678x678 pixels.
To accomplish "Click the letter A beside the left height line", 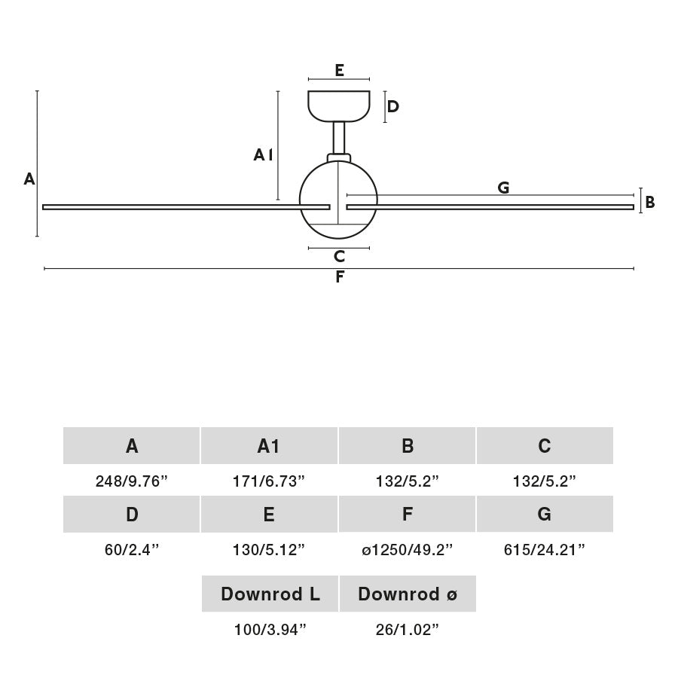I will click(x=29, y=179).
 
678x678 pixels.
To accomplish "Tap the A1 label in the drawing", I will click(x=262, y=155).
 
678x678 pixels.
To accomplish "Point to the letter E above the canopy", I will click(x=339, y=71).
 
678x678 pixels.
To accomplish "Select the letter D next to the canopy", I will click(x=392, y=107).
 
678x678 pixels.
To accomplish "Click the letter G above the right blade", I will click(x=503, y=188).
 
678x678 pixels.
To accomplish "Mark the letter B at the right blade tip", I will click(x=650, y=203).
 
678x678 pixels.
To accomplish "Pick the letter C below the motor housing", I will click(x=339, y=257).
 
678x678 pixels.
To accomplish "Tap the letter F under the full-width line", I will click(x=339, y=277).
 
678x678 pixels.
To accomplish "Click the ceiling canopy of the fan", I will click(x=339, y=105).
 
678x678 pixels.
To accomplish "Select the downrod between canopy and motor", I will click(x=339, y=138).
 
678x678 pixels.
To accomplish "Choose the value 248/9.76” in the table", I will click(x=132, y=481).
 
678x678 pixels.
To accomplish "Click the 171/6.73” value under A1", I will click(x=269, y=481).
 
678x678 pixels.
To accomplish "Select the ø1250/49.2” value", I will click(x=407, y=550).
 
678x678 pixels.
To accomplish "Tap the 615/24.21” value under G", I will click(x=545, y=550).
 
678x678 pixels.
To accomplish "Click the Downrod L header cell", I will click(x=270, y=594).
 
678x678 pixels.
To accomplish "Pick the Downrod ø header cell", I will click(x=408, y=594).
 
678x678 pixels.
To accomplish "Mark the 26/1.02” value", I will click(x=408, y=630).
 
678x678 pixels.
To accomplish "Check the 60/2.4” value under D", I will click(x=132, y=550).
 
